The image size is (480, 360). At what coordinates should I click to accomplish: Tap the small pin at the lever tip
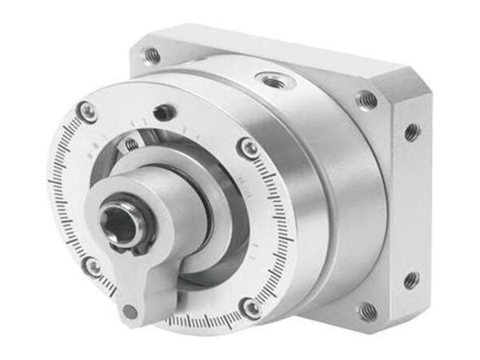(131, 310)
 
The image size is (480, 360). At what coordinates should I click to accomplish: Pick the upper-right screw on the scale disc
(249, 147)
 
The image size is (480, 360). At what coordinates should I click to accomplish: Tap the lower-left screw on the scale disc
(93, 266)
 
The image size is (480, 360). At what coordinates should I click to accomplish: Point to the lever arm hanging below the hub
(144, 280)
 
